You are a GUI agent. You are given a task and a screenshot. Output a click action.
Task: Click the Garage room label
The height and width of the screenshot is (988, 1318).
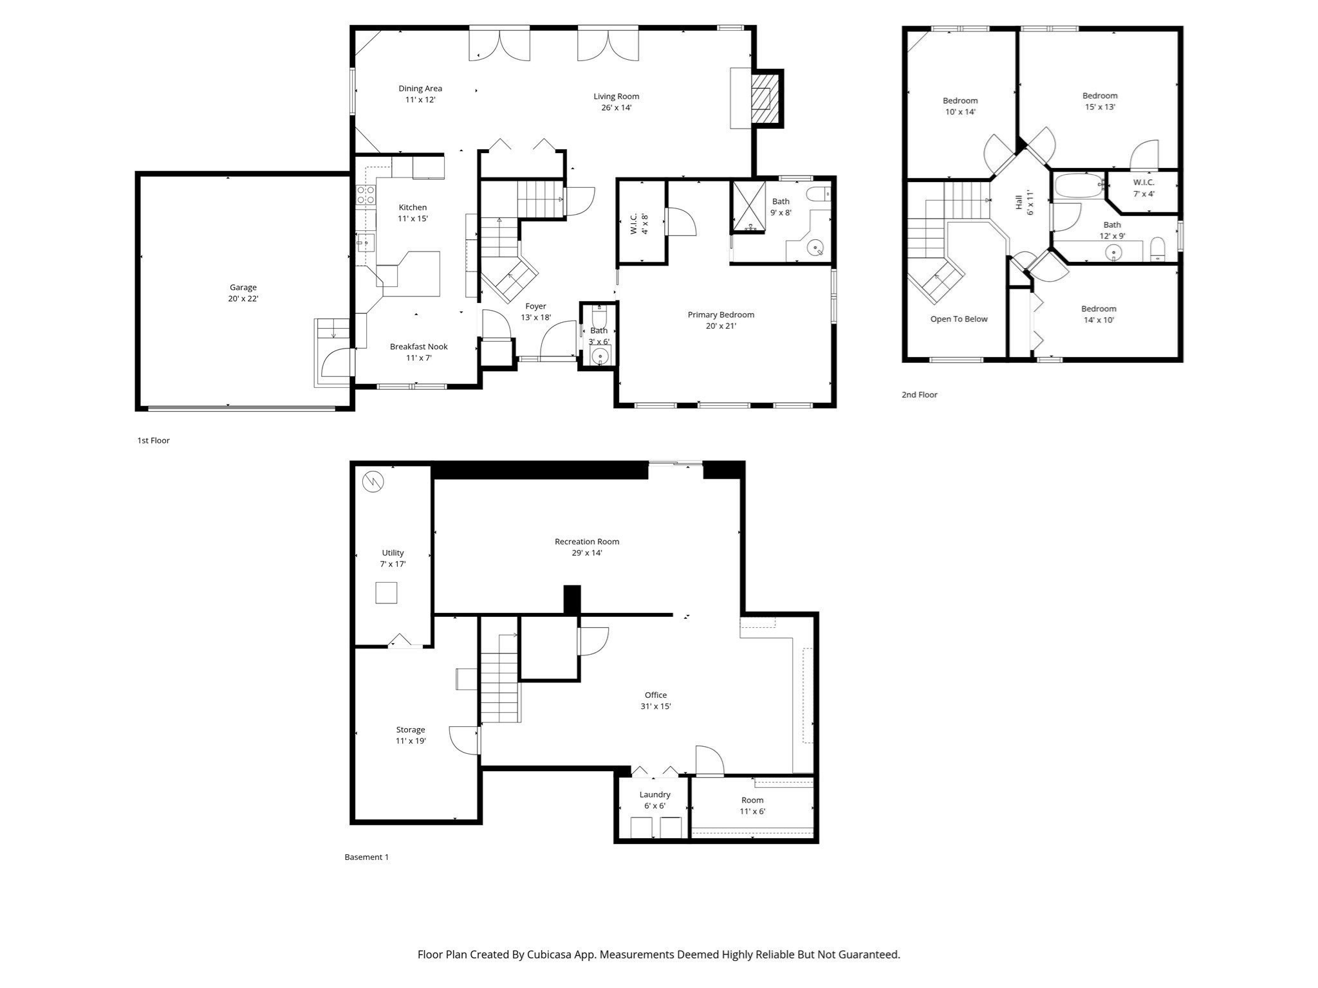pyautogui.click(x=243, y=288)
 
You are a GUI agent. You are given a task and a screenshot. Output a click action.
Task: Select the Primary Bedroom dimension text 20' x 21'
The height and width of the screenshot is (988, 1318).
pyautogui.click(x=720, y=326)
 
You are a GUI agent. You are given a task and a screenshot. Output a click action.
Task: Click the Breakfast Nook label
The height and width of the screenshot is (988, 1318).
pyautogui.click(x=418, y=347)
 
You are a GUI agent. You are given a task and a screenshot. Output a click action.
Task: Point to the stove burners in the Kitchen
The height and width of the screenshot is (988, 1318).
pyautogui.click(x=366, y=195)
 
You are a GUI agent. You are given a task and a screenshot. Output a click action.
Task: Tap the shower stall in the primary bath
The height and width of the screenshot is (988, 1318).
pyautogui.click(x=748, y=206)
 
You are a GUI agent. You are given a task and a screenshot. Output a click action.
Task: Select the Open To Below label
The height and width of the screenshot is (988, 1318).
pyautogui.click(x=958, y=319)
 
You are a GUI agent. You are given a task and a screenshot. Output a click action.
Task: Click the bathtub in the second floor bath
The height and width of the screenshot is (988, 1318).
pyautogui.click(x=1079, y=186)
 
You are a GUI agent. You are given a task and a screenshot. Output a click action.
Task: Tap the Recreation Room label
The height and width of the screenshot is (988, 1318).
pyautogui.click(x=587, y=542)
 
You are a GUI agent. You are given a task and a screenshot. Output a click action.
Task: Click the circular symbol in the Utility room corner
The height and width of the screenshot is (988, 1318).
pyautogui.click(x=373, y=481)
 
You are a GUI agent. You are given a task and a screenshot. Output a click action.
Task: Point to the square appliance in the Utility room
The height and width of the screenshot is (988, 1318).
pyautogui.click(x=386, y=592)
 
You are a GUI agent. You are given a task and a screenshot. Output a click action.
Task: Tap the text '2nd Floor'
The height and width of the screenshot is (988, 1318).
pyautogui.click(x=919, y=395)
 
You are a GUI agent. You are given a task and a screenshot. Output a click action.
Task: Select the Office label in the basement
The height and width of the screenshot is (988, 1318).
pyautogui.click(x=656, y=695)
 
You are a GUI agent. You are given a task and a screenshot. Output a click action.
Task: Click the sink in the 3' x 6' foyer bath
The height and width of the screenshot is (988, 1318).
pyautogui.click(x=600, y=356)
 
